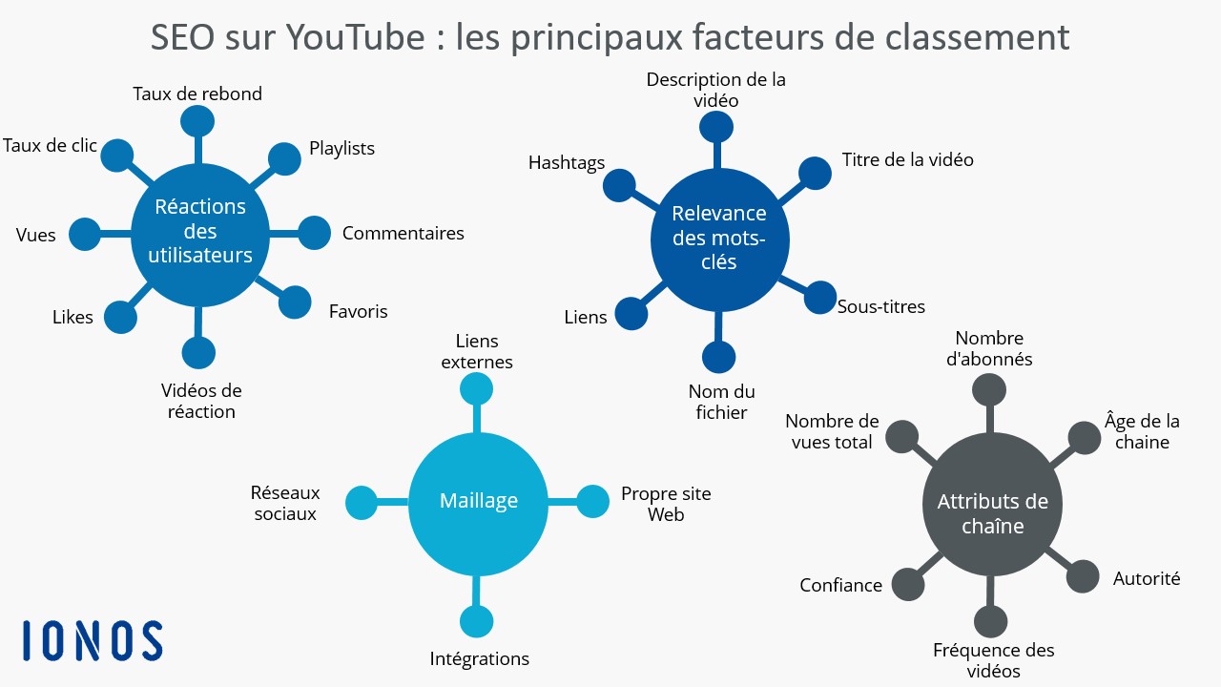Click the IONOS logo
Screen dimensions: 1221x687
coord(93,640)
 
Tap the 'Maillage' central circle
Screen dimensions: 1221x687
coord(478,503)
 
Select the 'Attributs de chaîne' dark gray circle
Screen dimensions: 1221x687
coord(992,505)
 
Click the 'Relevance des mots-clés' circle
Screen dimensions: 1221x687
coord(719,239)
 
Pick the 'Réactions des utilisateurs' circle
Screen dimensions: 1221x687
coord(200,235)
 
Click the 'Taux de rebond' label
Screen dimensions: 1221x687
coord(197,94)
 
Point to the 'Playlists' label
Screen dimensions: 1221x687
coord(341,148)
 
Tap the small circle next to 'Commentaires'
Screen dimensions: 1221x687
coord(315,233)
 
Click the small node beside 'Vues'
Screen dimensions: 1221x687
coord(85,235)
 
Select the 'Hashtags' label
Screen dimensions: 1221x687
coord(567,163)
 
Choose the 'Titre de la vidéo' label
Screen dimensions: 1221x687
coord(907,159)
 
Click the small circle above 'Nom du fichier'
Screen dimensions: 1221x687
coord(718,357)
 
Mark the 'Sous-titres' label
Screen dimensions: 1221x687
coord(880,306)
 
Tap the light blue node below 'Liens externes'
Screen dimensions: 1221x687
coord(476,388)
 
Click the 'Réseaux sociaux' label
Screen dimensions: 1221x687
coord(285,503)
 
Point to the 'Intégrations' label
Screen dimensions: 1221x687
coord(479,658)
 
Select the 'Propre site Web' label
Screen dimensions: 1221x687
coord(666,504)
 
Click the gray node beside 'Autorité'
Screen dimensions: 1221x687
coord(1082,576)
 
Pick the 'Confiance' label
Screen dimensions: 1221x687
coord(840,585)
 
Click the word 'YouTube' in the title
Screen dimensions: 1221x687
coord(356,37)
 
